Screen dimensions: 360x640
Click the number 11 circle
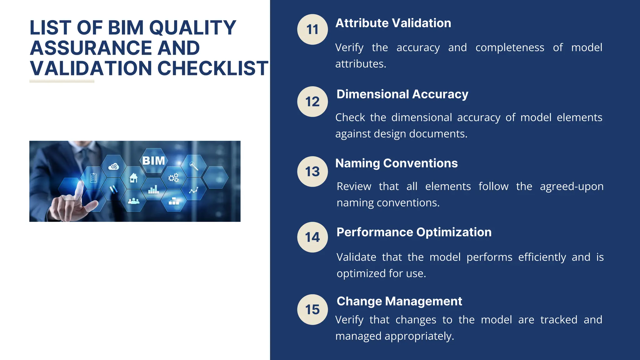click(x=312, y=29)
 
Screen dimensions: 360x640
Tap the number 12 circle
click(x=312, y=102)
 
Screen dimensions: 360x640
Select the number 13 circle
click(x=312, y=172)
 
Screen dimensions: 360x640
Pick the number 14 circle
click(x=312, y=237)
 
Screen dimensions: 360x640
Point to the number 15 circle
click(x=312, y=309)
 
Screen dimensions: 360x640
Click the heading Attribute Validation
click(x=393, y=23)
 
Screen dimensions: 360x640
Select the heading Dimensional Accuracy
click(x=402, y=94)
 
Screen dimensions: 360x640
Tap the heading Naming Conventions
click(x=396, y=163)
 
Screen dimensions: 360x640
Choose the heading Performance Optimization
click(x=414, y=232)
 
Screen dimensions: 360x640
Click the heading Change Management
click(x=399, y=301)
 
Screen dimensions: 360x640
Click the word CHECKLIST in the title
click(x=212, y=68)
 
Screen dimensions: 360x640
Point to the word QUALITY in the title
click(x=192, y=27)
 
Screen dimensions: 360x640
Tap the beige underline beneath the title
click(x=62, y=81)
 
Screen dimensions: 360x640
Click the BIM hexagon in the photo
click(x=153, y=161)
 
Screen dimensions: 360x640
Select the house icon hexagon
click(x=133, y=178)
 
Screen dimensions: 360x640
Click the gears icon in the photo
click(x=173, y=178)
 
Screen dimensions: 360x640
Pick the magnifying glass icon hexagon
click(x=194, y=165)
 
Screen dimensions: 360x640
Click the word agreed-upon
click(x=572, y=187)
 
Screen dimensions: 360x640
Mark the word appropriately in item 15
click(x=419, y=336)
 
